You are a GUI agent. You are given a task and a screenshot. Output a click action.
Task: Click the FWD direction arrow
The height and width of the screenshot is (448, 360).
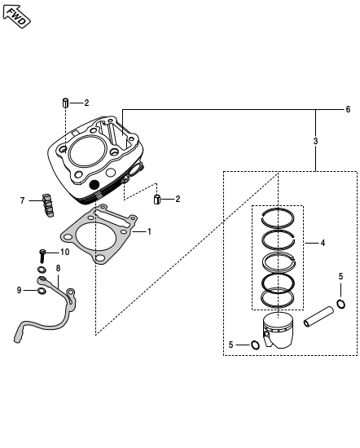point(16,16)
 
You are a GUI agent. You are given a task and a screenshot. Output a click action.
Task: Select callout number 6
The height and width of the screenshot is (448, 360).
point(348,109)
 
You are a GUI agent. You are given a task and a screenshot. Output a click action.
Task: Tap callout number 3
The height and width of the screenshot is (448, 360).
point(315,141)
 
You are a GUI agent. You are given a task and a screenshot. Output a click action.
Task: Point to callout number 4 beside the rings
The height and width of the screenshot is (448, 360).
point(323,244)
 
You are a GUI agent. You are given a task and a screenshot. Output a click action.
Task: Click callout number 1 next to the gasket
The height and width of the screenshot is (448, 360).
point(149,231)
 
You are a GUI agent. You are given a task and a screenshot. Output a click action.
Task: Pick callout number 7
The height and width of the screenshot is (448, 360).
point(22,200)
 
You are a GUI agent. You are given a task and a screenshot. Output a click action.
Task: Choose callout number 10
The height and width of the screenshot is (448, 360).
point(65,252)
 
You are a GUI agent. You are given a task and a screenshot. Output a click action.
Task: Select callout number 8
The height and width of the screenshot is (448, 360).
point(59,268)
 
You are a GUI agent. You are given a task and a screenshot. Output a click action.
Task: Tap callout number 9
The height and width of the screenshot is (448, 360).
point(19,290)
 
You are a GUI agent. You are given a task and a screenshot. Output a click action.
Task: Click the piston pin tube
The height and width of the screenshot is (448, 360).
point(318,317)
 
